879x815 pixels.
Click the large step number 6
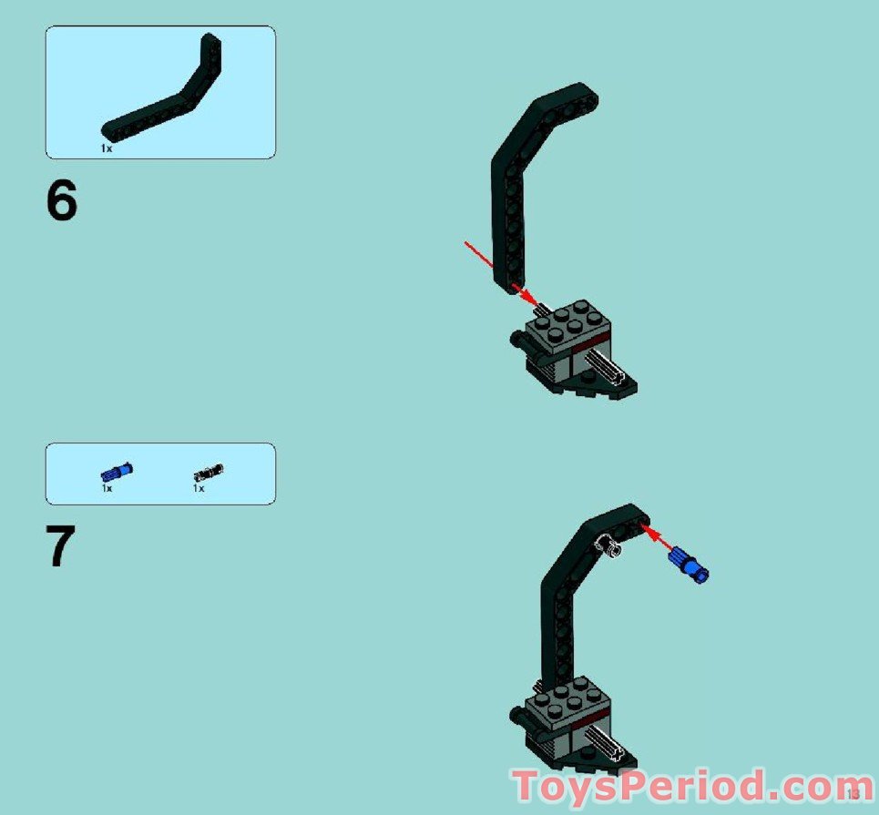point(62,201)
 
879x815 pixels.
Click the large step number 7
point(61,547)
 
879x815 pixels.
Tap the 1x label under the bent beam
point(107,148)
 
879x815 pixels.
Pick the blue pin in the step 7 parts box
point(116,472)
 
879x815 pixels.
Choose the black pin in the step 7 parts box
point(209,472)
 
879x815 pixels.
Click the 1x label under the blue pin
point(107,489)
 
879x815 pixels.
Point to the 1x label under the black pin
point(198,489)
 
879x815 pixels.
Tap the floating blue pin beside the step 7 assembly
point(690,564)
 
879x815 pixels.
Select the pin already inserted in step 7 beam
point(608,545)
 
